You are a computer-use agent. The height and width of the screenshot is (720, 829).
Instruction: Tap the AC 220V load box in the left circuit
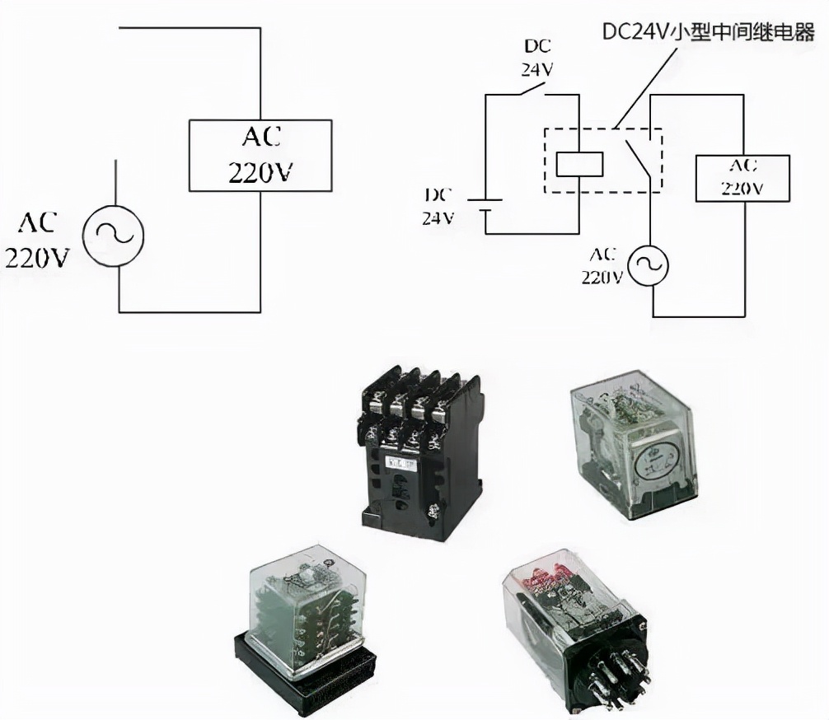pyautogui.click(x=260, y=155)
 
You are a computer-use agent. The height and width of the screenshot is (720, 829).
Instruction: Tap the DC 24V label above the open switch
pyautogui.click(x=536, y=58)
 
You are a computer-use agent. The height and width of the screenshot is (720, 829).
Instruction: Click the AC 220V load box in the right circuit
pyautogui.click(x=742, y=176)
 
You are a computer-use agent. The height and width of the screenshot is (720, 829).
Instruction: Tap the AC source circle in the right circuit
pyautogui.click(x=649, y=265)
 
